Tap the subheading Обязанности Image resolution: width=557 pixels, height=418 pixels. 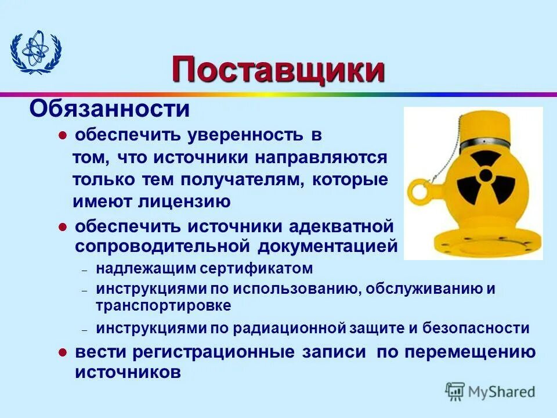[x=110, y=108]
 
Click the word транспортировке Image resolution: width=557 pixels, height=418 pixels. [x=164, y=305]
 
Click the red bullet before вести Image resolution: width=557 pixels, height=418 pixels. [x=64, y=352]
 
